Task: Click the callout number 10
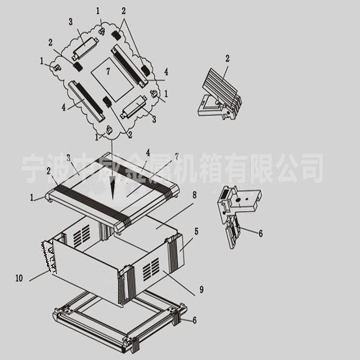coord(18,279)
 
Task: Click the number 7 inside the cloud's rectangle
coord(108,72)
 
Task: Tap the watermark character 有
coord(234,166)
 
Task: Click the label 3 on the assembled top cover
coord(68,157)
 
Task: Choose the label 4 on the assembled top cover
coord(147,153)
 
